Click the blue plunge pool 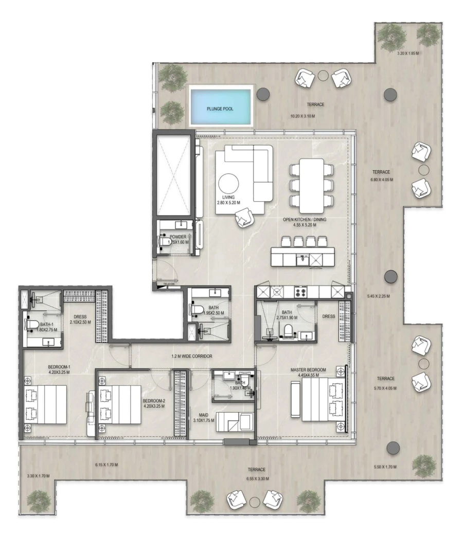pos(221,105)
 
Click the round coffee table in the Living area pos(228,184)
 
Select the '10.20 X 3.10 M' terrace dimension pos(302,116)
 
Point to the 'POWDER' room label pos(177,237)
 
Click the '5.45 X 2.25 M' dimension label pos(378,296)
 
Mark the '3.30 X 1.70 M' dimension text pos(37,476)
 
